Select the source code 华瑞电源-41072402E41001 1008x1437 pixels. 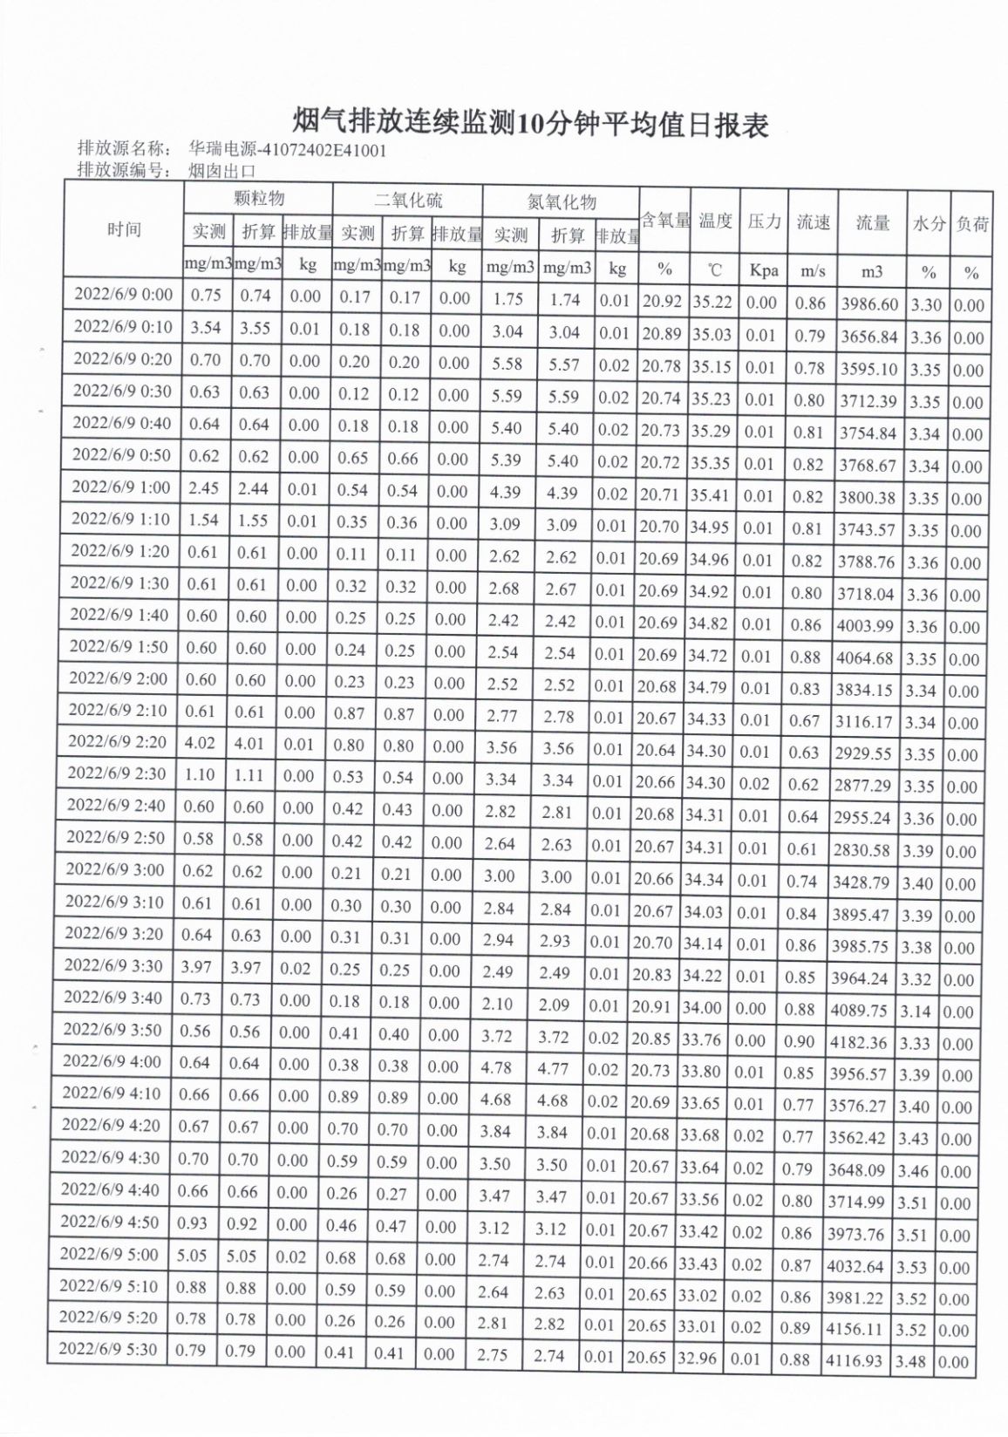coord(287,150)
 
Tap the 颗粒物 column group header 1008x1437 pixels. coord(258,199)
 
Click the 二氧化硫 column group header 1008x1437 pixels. coord(408,200)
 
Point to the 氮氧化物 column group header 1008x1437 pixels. coord(562,202)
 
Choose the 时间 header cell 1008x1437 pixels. coord(124,230)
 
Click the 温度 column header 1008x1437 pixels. coord(715,221)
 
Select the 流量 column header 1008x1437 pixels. coord(872,223)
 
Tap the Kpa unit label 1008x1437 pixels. coord(763,270)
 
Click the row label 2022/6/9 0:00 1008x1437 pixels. coord(123,294)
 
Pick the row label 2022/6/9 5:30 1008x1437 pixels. coord(108,1350)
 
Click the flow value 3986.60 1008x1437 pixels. coord(868,304)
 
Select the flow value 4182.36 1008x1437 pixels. coord(859,1042)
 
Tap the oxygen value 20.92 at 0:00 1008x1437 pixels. coord(663,302)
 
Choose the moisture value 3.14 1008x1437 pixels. coord(916,1011)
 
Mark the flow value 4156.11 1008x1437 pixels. coord(855,1330)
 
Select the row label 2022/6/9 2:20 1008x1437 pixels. coord(117,742)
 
